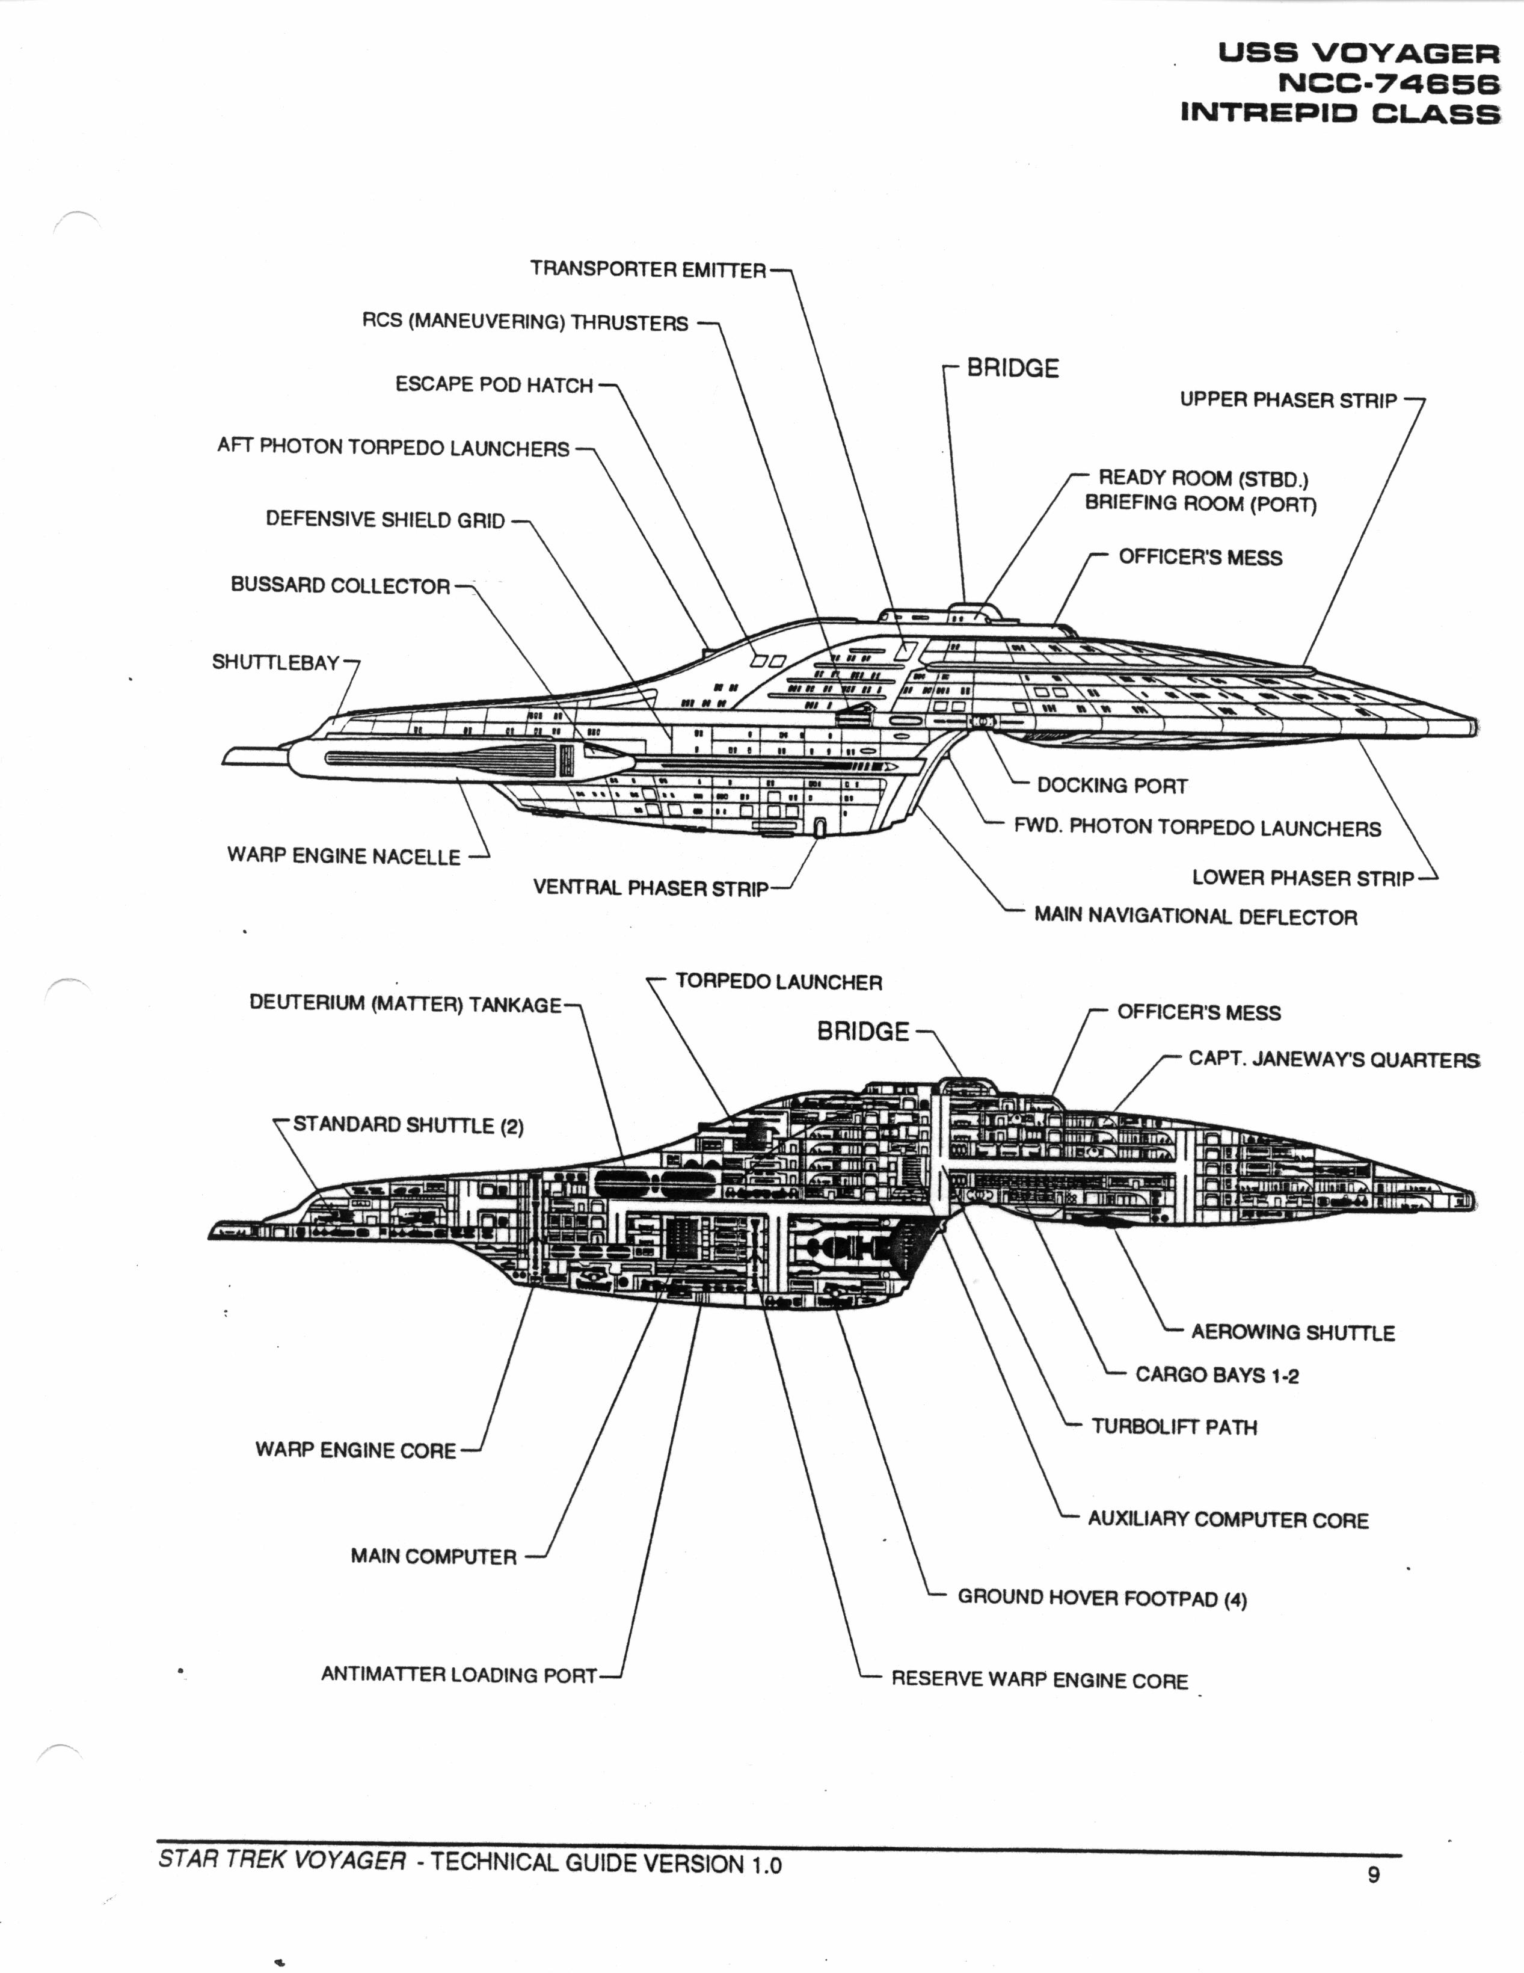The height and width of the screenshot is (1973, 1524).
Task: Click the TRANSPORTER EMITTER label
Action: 648,269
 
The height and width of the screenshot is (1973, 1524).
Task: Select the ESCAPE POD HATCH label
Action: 494,385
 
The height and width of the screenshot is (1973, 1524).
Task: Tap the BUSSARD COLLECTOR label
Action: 340,585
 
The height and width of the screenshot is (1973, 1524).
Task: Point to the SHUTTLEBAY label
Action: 275,662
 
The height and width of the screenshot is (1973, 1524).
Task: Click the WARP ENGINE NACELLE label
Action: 343,855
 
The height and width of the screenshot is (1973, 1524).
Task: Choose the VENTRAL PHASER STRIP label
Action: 650,888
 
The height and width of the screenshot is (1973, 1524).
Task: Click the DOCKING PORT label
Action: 1111,785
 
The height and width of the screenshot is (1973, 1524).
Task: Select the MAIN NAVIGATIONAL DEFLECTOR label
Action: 1195,916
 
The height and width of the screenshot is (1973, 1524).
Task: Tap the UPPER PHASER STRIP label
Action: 1288,399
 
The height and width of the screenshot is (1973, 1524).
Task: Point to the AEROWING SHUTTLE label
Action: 1292,1332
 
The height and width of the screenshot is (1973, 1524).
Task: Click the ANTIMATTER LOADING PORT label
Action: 459,1674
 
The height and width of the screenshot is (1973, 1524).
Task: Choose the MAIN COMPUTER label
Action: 434,1556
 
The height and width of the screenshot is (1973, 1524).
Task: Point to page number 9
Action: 1373,1874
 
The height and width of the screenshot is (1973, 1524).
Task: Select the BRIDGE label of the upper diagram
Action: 1013,368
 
